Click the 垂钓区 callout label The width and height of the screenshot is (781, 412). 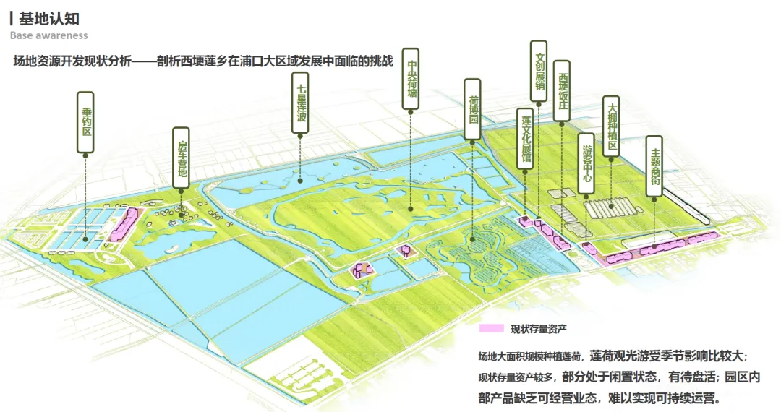(85, 121)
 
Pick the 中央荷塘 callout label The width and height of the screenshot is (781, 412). (411, 80)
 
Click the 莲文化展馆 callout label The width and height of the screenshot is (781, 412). (526, 140)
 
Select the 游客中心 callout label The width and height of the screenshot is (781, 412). (587, 163)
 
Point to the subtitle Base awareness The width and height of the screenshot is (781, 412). (48, 35)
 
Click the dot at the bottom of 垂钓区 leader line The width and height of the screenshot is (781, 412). (85, 239)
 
